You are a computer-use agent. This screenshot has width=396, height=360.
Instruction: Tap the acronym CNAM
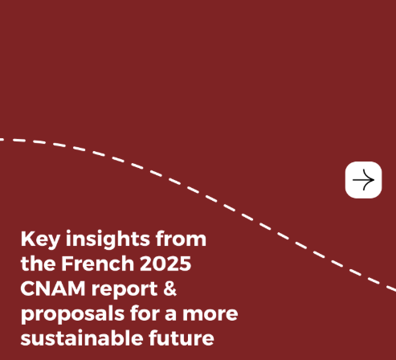pos(54,288)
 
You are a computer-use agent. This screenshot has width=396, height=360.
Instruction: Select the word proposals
pos(67,313)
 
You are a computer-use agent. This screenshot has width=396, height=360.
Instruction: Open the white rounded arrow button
pos(363,180)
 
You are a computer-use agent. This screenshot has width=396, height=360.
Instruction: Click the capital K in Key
pos(28,239)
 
